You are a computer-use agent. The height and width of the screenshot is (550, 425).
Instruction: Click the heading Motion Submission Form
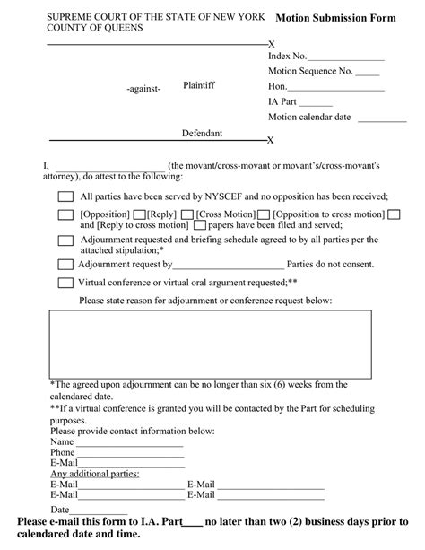(x=337, y=17)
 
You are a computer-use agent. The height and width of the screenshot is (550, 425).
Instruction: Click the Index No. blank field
(x=344, y=57)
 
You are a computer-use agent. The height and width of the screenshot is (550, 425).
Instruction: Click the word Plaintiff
(x=199, y=84)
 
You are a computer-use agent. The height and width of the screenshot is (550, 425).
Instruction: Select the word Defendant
(x=202, y=133)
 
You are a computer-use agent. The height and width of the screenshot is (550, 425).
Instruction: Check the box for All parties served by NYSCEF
(x=65, y=197)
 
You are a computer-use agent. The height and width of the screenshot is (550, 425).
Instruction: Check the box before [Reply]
(x=140, y=215)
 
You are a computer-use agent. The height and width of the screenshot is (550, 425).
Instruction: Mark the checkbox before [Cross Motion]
(x=187, y=215)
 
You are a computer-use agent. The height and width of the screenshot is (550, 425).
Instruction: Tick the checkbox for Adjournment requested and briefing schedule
(x=65, y=240)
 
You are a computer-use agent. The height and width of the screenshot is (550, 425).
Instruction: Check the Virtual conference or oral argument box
(x=65, y=283)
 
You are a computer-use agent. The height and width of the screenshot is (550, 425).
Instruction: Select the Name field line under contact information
(x=129, y=443)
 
